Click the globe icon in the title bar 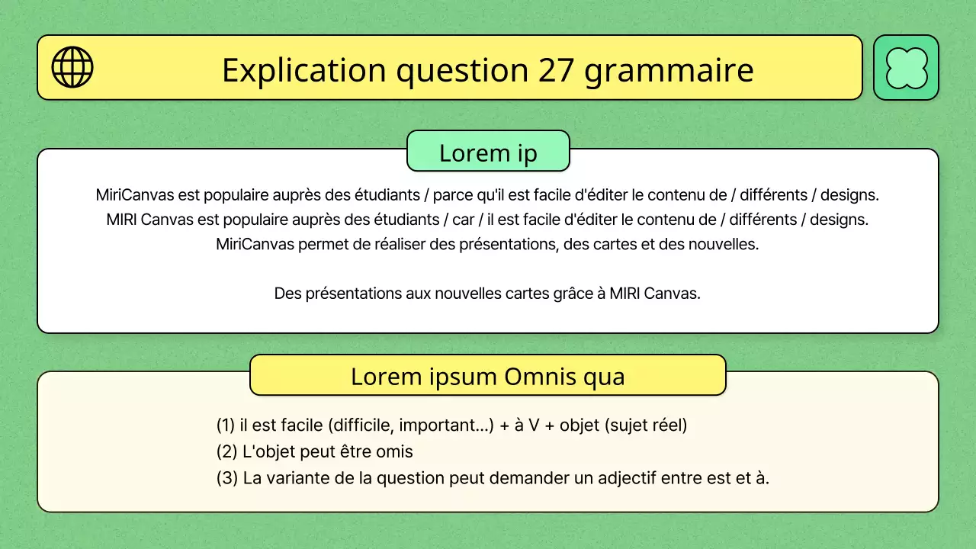pos(72,67)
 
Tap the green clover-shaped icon pos(906,68)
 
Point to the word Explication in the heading pos(303,71)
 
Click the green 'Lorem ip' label pos(488,152)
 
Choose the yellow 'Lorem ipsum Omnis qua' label pos(488,376)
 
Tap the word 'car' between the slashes pos(464,220)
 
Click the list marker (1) pos(226,425)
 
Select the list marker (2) pos(226,452)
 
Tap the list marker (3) pos(226,479)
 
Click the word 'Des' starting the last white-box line pos(287,294)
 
